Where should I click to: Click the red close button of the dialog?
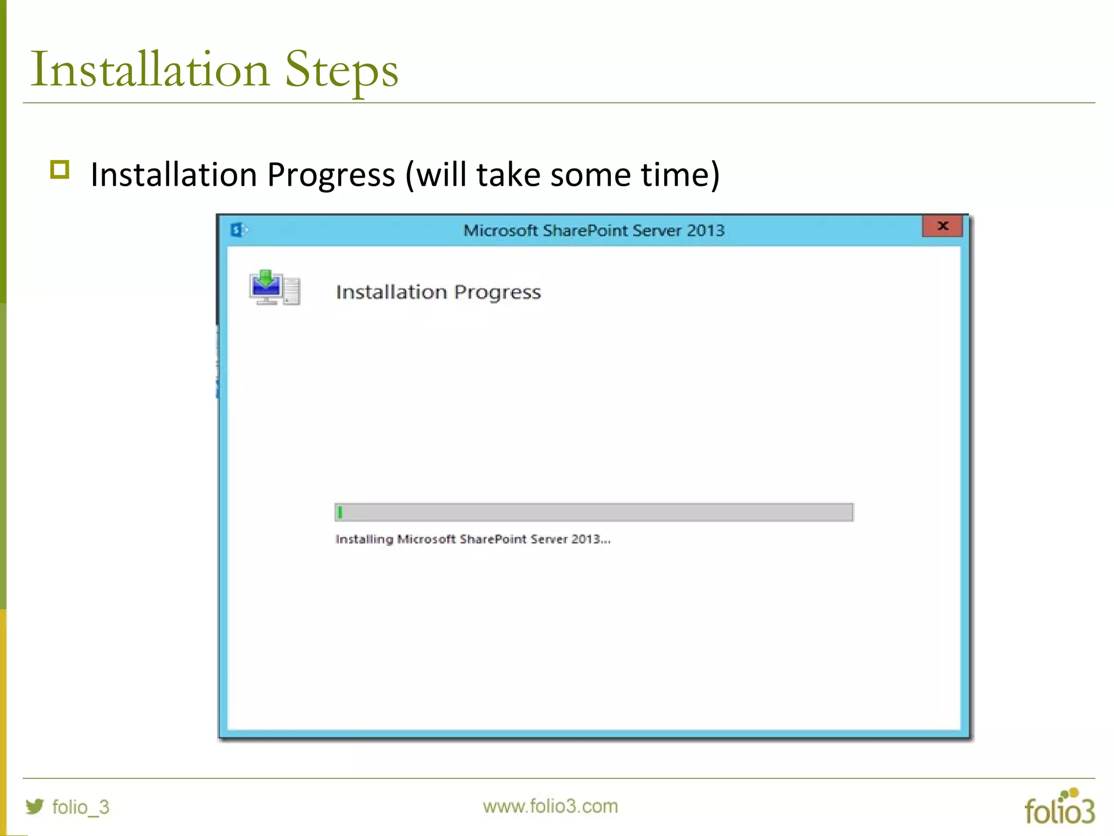(942, 226)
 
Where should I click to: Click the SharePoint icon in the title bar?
(238, 230)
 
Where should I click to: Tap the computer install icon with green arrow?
(274, 287)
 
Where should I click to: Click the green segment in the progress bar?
(340, 512)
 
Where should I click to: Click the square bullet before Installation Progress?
(60, 170)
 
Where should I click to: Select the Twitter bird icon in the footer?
(35, 806)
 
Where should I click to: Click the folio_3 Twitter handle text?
(81, 807)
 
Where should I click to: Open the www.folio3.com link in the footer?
(550, 806)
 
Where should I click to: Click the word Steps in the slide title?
(342, 71)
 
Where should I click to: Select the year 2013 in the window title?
(705, 230)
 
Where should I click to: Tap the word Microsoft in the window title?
(500, 230)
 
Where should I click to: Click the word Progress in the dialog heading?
(497, 293)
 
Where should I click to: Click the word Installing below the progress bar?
(364, 539)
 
